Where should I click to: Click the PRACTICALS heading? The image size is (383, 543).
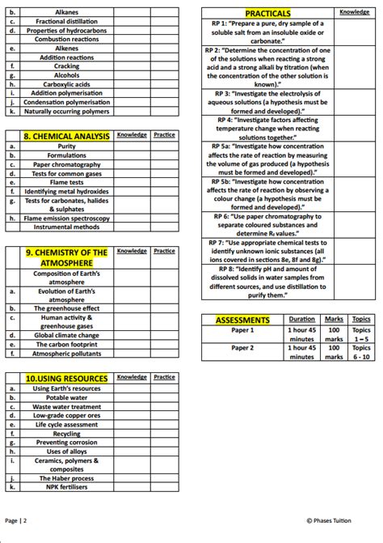pos(267,14)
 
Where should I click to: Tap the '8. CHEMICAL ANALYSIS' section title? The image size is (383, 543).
pos(66,136)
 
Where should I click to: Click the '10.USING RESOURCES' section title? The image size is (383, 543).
pos(66,378)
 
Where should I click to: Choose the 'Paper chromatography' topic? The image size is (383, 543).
pos(66,164)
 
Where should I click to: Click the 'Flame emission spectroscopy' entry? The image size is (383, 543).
pos(66,218)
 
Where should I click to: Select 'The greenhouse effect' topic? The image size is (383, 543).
pos(66,308)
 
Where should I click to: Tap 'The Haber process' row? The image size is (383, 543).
pos(66,478)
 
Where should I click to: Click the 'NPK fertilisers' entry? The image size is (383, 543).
pos(66,487)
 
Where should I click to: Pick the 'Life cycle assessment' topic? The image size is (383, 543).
pos(66,424)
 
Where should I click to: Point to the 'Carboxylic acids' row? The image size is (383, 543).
pos(66,83)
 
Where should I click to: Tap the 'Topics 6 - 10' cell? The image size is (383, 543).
pos(361,352)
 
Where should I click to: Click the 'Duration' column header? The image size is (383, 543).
pos(301,320)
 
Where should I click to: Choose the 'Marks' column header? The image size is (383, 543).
pos(333,320)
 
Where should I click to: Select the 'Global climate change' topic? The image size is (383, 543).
pos(66,335)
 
